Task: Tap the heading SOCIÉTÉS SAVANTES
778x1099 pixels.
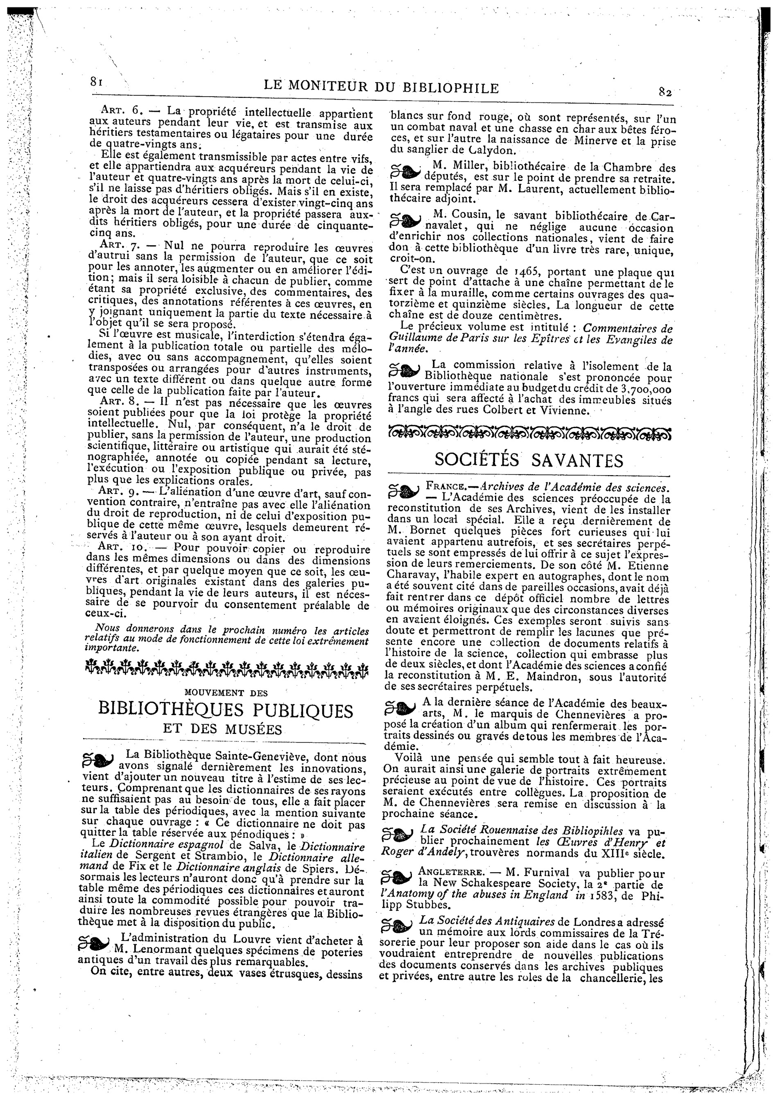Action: click(529, 460)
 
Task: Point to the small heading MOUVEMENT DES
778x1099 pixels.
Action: click(226, 693)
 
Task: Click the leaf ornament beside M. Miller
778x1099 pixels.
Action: click(405, 172)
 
